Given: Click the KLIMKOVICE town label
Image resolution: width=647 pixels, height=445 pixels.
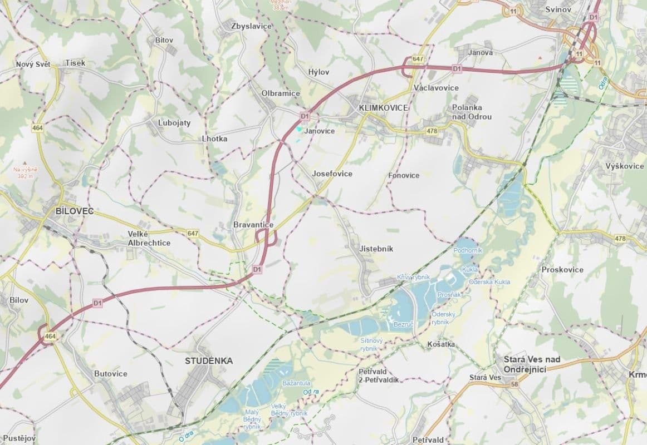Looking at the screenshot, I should (384, 107).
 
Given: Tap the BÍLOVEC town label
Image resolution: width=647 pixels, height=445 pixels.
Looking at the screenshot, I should (75, 211).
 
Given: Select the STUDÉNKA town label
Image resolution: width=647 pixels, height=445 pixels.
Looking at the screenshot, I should (209, 361).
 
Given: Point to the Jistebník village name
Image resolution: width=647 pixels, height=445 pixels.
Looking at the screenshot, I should (376, 249).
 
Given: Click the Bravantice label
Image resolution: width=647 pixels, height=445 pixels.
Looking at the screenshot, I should (253, 225).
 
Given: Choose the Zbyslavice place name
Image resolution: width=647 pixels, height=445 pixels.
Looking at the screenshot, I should (251, 26).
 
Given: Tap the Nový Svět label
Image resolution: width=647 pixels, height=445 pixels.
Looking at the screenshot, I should (33, 65).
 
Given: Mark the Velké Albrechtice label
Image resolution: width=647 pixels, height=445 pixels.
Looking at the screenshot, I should (149, 239).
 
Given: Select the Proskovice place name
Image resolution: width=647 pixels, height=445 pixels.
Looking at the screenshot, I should (562, 270).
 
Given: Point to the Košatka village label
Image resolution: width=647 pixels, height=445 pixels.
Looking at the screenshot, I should (441, 344).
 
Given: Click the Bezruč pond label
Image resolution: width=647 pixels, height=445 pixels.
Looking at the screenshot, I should (402, 323).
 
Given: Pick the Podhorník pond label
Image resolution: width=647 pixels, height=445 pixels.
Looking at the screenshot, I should (468, 251).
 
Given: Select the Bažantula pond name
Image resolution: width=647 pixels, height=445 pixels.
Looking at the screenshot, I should (297, 383).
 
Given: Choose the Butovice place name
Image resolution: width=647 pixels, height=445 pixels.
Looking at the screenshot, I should (111, 374).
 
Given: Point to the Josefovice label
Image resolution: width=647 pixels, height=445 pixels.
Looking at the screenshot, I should (332, 174).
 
